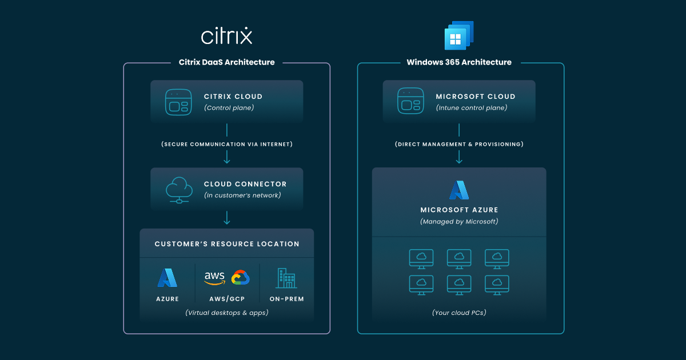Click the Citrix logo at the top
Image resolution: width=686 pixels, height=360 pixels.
click(226, 36)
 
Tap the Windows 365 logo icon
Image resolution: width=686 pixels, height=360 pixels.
click(459, 35)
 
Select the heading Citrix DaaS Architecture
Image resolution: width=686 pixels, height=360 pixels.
click(227, 62)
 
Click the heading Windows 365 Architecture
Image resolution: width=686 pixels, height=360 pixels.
click(459, 62)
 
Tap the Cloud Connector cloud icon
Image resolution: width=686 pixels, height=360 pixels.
click(179, 189)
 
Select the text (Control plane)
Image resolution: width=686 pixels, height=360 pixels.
click(229, 107)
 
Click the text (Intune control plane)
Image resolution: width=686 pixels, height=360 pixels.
click(471, 107)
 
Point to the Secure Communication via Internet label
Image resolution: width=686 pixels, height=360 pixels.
click(227, 145)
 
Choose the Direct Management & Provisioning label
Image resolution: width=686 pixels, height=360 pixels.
click(459, 145)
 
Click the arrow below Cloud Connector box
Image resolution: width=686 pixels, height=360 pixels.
click(227, 218)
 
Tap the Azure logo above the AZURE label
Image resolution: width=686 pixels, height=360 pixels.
click(167, 278)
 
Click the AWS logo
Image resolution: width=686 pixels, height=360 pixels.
click(214, 278)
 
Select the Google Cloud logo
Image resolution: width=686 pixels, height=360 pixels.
click(241, 278)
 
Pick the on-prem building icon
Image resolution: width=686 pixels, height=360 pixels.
click(286, 278)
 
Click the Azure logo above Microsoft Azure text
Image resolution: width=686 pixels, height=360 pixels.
click(459, 190)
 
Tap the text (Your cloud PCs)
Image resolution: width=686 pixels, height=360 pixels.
click(459, 313)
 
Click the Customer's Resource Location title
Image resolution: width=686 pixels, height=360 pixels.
click(227, 244)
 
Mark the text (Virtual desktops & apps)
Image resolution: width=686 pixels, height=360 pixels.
click(227, 313)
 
